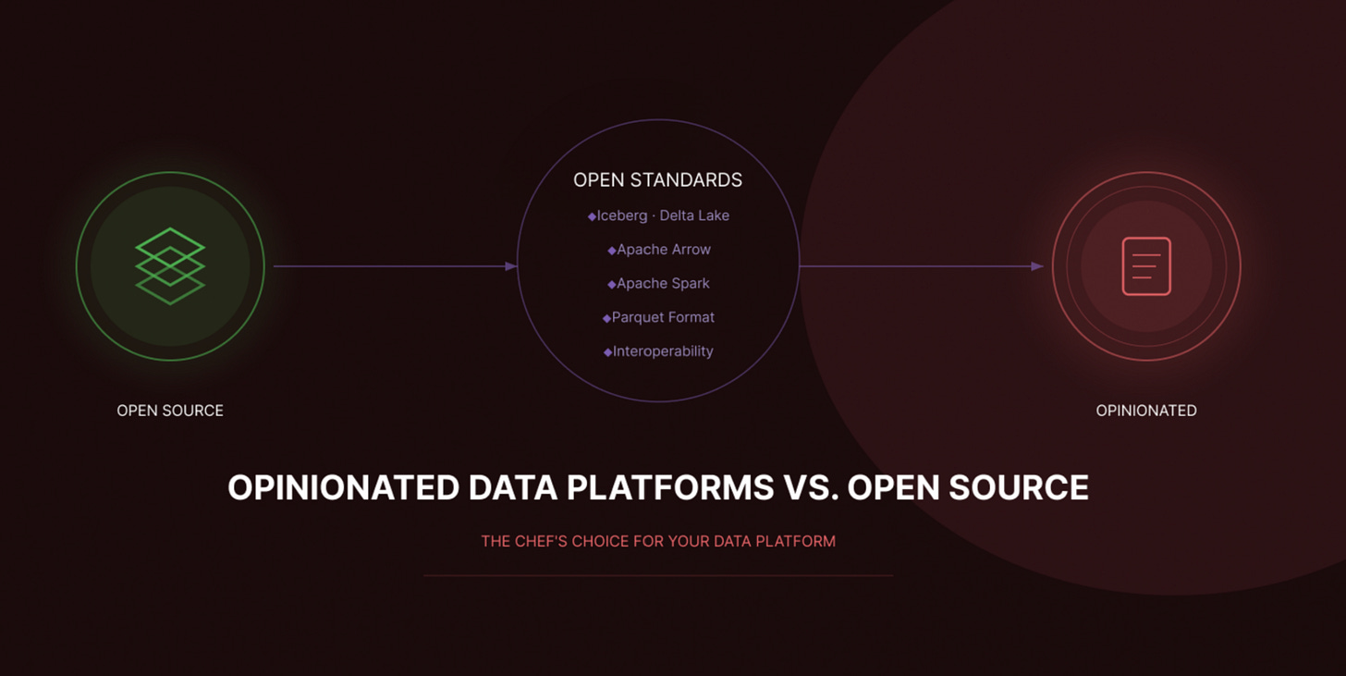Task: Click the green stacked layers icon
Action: pos(170,266)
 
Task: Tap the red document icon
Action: pos(1146,266)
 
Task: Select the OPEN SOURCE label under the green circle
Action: pos(170,411)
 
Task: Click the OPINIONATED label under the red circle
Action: pos(1146,411)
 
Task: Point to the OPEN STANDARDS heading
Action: pos(657,180)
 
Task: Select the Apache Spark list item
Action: pos(663,284)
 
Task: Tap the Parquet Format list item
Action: pos(663,317)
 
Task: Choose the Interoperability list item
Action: pos(663,351)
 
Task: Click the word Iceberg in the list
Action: pos(622,215)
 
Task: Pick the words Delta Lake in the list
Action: pos(694,215)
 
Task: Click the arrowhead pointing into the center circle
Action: pos(511,266)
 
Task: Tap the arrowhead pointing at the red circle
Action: pos(1038,266)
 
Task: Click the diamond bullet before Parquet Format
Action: pos(606,318)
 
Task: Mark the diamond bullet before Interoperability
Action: pos(607,352)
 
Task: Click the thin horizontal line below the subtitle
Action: pos(658,575)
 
